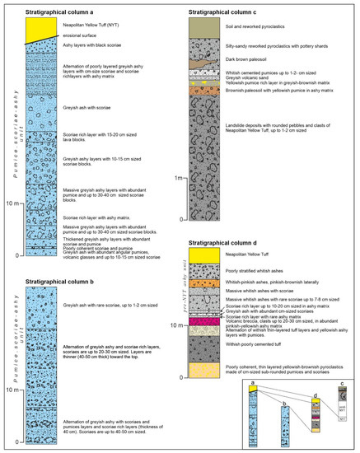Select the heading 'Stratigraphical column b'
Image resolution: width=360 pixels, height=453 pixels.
coord(59,282)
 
